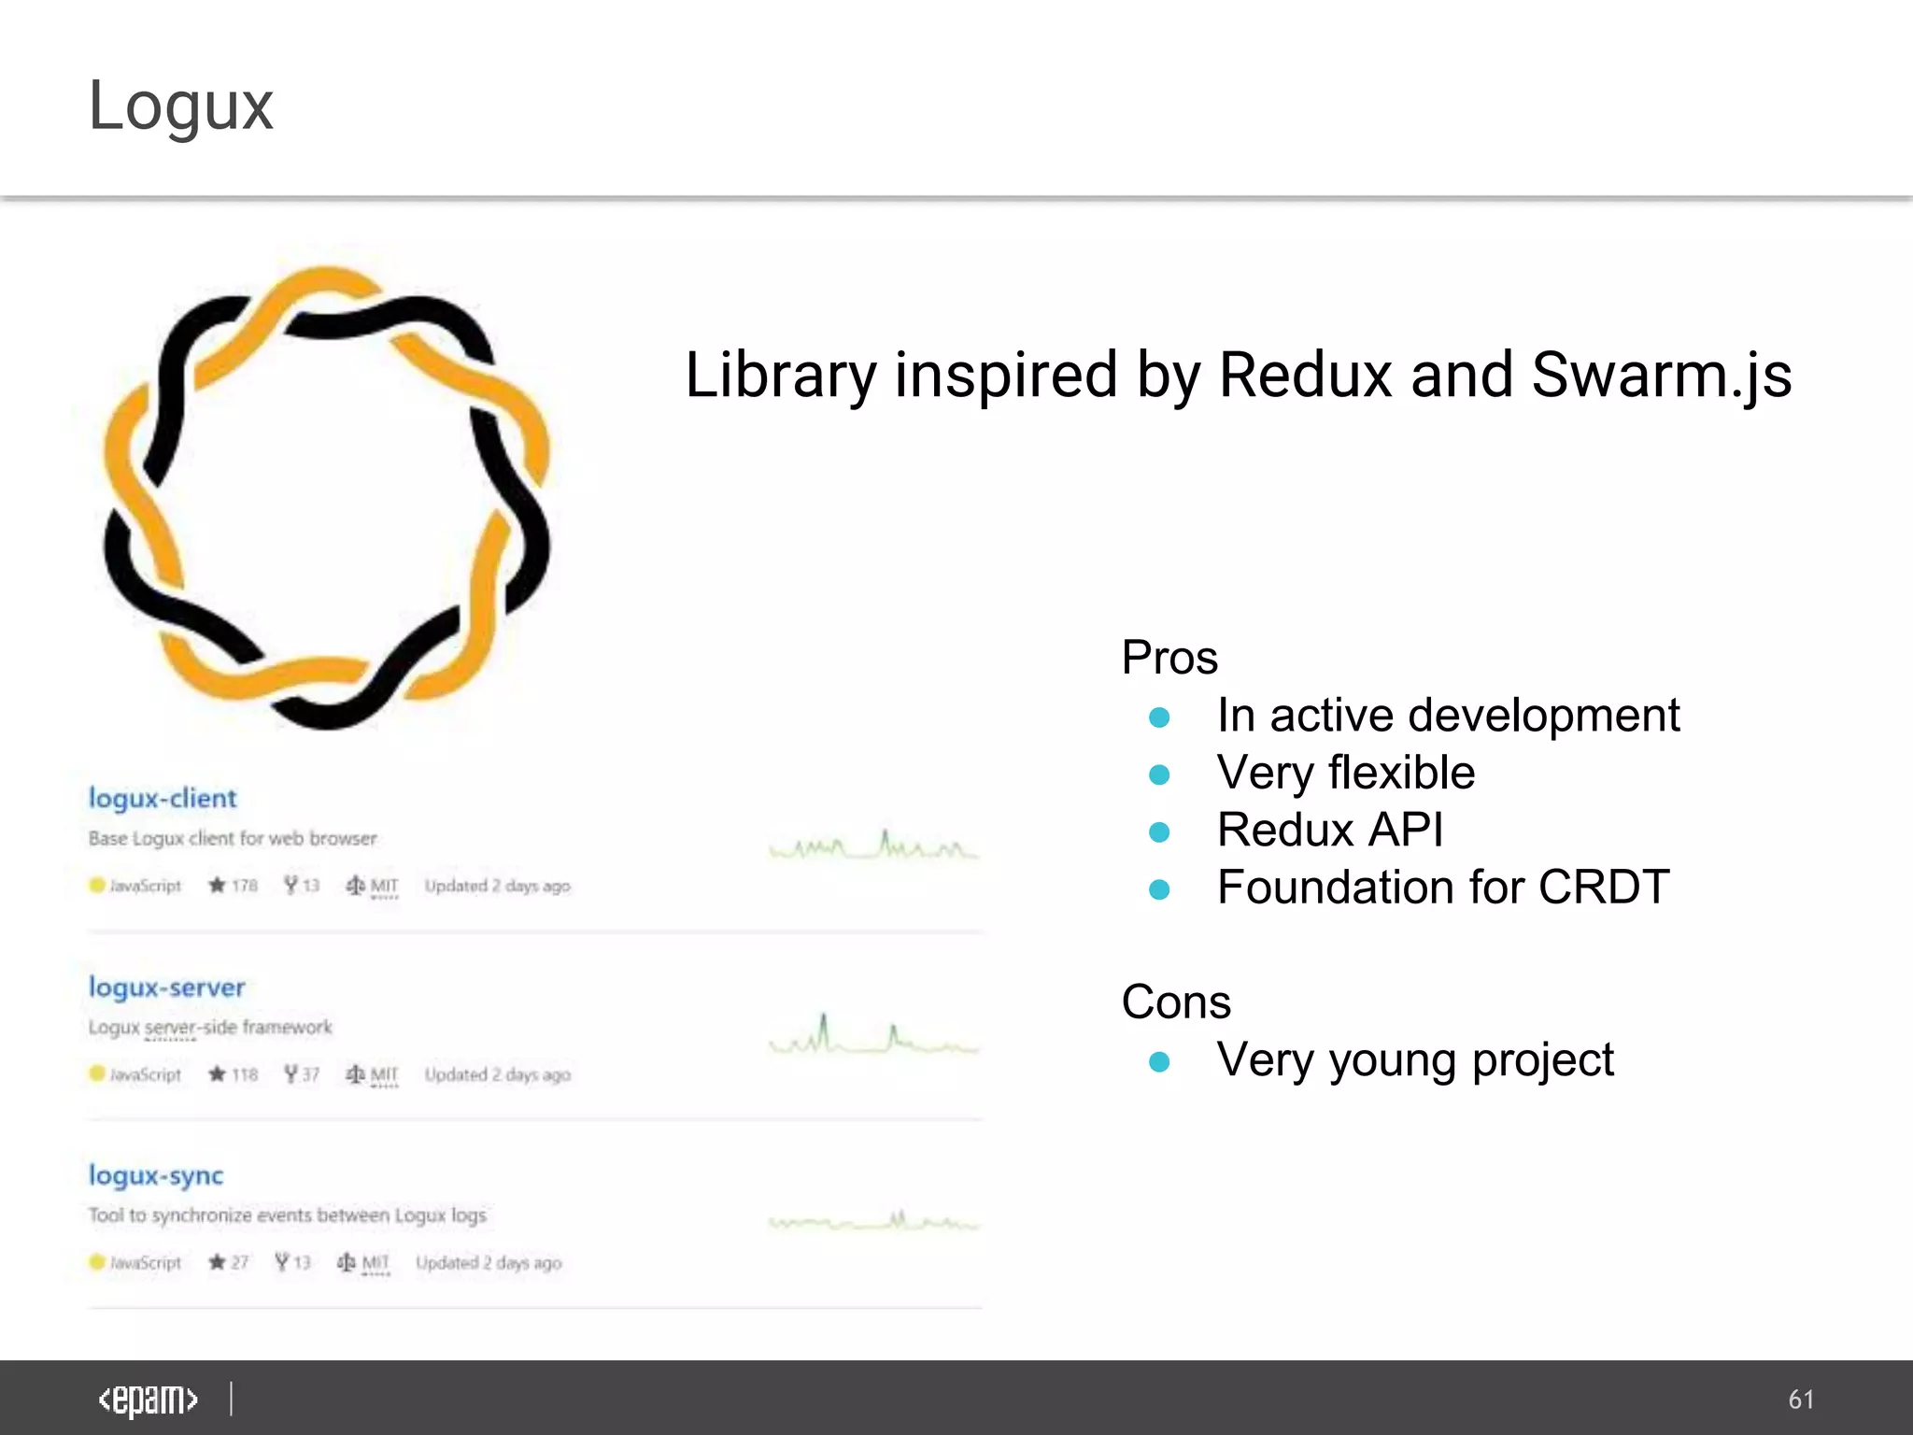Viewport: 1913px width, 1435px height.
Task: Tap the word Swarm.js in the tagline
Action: tap(1661, 376)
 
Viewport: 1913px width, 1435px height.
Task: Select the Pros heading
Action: tap(1169, 658)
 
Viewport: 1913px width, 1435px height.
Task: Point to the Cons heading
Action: tap(1176, 1002)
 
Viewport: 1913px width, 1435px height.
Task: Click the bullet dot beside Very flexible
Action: tap(1159, 774)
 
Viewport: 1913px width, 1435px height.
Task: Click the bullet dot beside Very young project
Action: tap(1159, 1061)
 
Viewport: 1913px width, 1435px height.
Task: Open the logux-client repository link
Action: tap(163, 799)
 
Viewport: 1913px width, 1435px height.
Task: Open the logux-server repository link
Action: tap(166, 987)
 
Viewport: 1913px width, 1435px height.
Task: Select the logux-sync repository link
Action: tap(156, 1175)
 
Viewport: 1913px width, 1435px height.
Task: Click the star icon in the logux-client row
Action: tap(217, 885)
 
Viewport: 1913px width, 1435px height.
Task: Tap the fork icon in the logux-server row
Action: tap(291, 1073)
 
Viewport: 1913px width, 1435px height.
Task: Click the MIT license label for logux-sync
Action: tap(375, 1263)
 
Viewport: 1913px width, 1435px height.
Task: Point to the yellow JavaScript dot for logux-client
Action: tap(96, 885)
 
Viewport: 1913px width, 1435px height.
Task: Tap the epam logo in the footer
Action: tap(148, 1399)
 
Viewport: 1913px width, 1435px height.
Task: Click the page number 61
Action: tap(1801, 1399)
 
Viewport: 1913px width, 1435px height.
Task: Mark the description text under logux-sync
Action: tap(287, 1215)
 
